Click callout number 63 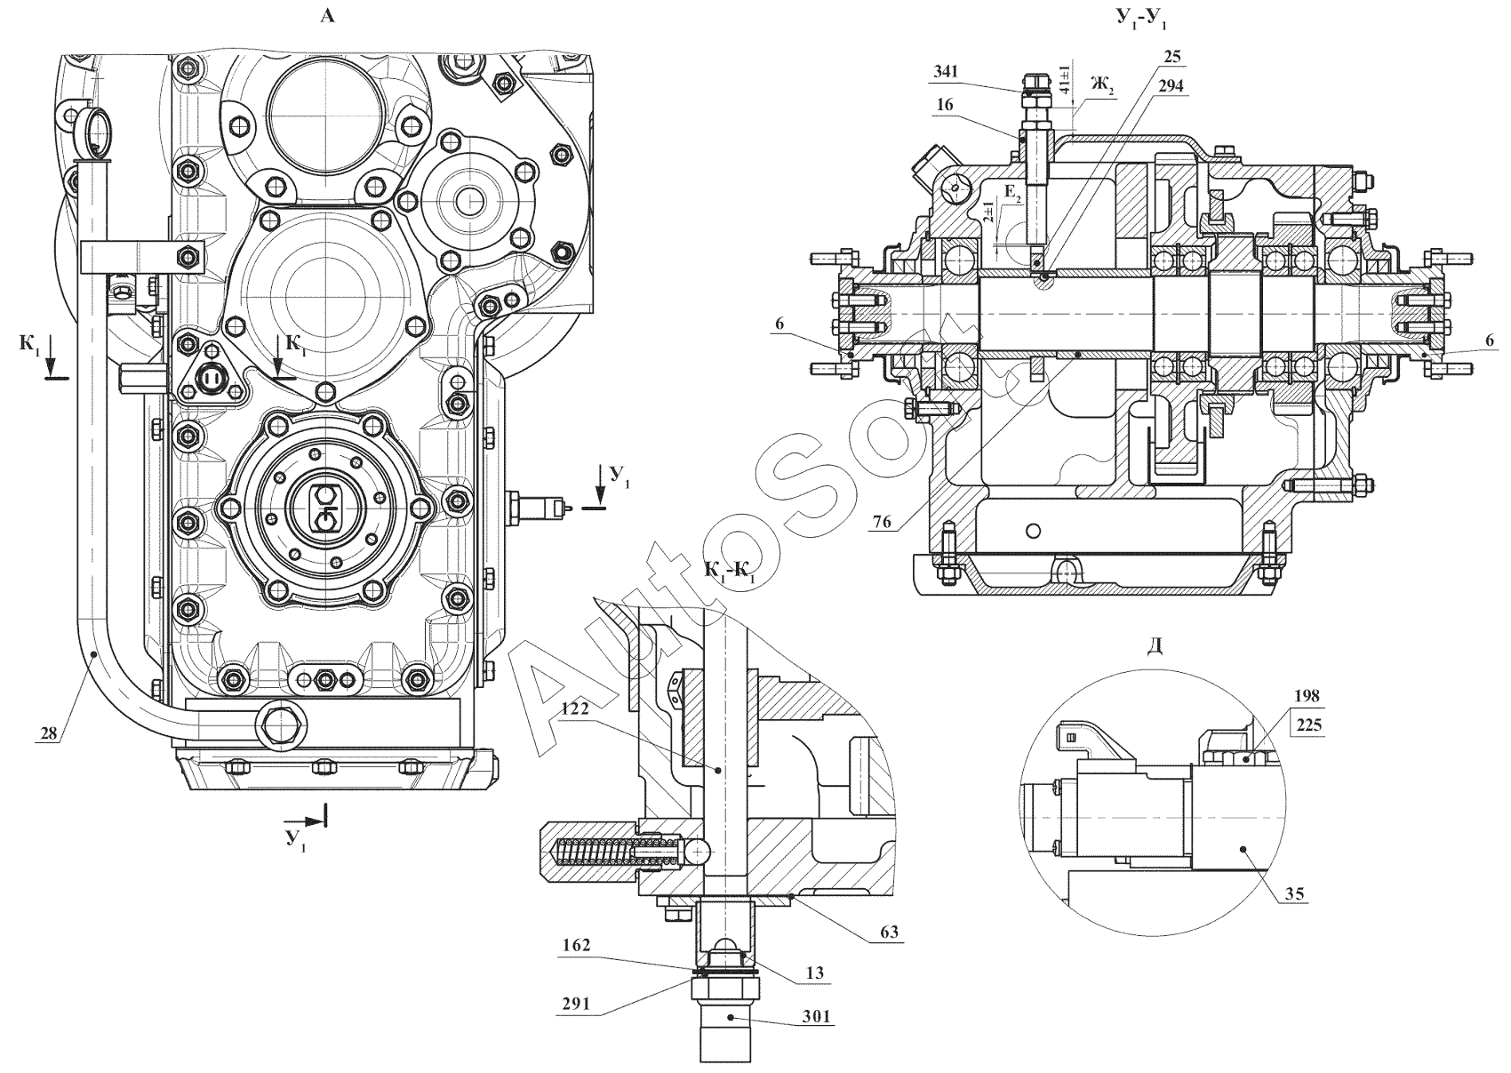pos(890,932)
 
